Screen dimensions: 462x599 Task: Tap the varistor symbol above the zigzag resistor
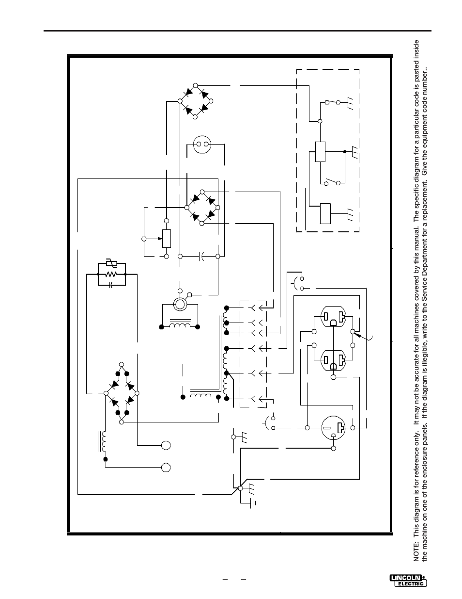point(111,264)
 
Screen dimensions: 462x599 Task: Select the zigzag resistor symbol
point(111,274)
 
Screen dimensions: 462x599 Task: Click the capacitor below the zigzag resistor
point(111,285)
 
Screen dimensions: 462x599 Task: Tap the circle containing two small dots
point(202,144)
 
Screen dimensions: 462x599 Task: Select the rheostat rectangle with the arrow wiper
point(167,239)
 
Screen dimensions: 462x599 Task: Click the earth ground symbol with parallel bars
point(253,503)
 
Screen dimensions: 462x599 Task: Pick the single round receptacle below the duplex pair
point(333,428)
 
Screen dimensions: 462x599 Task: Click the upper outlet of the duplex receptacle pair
point(333,316)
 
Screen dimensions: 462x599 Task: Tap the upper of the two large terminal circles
point(166,445)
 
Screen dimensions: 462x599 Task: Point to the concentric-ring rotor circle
point(180,304)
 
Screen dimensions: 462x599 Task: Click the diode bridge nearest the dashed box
point(195,101)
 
